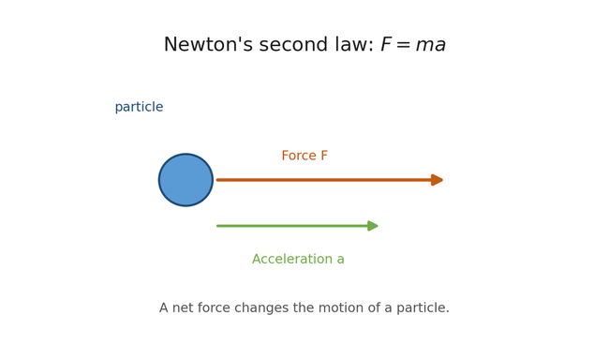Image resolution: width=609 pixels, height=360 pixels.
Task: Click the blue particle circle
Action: (186, 180)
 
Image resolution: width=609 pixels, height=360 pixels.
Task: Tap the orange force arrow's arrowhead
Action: (437, 180)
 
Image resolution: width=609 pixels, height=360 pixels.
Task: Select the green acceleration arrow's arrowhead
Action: (373, 226)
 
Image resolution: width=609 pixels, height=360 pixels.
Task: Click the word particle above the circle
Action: (139, 108)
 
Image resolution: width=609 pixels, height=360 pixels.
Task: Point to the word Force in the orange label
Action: (298, 157)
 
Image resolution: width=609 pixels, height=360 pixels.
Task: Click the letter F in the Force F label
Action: (323, 157)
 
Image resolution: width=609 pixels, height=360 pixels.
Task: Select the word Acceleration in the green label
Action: (291, 260)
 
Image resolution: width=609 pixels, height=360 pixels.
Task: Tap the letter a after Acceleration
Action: (340, 261)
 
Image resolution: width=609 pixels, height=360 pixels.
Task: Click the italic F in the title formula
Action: (386, 45)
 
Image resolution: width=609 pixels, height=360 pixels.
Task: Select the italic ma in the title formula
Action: (430, 46)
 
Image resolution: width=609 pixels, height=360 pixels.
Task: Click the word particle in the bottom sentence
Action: (421, 308)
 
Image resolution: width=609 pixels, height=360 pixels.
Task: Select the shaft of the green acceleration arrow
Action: (291, 226)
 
